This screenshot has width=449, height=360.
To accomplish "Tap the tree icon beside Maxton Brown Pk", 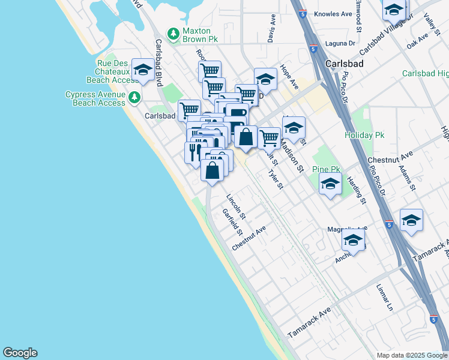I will pyautogui.click(x=173, y=34).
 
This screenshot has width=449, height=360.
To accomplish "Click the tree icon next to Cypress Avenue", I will pyautogui.click(x=136, y=96).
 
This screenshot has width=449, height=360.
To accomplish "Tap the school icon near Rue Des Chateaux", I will pyautogui.click(x=143, y=70).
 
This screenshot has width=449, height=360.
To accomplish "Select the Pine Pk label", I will pyautogui.click(x=326, y=170).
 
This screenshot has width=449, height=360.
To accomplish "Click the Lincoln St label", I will pyautogui.click(x=237, y=206).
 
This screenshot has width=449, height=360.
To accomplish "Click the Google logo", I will pyautogui.click(x=20, y=353).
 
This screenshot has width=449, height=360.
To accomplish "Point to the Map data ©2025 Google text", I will pyautogui.click(x=411, y=355).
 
